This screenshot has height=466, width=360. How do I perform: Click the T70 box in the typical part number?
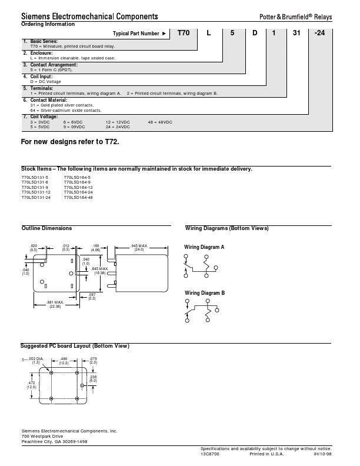tap(185, 34)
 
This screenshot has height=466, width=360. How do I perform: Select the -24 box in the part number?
tap(319, 34)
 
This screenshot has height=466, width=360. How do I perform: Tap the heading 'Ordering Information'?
tap(48, 24)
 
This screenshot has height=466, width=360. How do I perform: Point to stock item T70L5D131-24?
tap(36, 197)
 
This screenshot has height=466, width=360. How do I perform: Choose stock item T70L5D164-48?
tap(78, 197)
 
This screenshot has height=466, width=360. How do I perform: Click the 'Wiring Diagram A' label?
tap(204, 247)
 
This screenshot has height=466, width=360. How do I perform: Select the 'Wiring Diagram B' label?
tap(204, 293)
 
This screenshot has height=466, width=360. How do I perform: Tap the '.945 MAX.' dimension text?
tap(139, 245)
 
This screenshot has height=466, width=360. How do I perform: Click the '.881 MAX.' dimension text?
tap(55, 302)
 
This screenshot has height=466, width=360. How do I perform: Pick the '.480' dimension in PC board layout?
tap(65, 359)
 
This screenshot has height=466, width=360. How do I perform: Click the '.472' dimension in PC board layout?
tap(31, 382)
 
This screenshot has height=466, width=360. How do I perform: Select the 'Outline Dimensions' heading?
tap(46, 228)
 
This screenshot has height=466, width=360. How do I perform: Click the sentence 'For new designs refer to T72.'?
tap(74, 142)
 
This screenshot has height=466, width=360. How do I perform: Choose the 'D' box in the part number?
tap(255, 34)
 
